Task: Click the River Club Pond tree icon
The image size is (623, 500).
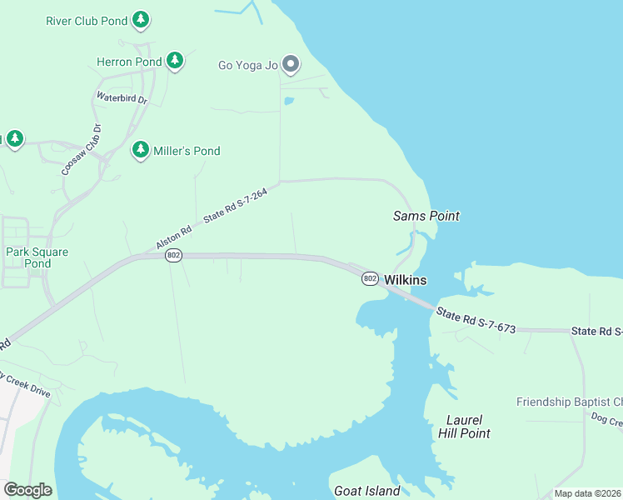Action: click(x=141, y=19)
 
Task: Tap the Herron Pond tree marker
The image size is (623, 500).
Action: click(x=174, y=61)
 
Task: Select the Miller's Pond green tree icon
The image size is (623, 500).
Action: click(x=141, y=150)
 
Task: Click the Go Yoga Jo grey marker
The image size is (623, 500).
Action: click(x=291, y=64)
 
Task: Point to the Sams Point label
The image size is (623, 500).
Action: click(x=426, y=217)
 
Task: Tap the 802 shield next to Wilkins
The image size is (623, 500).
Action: click(x=371, y=278)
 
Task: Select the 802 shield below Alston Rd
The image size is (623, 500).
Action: click(x=173, y=255)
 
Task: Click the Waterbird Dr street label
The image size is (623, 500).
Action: click(x=122, y=97)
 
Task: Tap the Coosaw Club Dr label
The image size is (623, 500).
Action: click(x=81, y=149)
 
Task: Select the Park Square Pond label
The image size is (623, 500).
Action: click(x=37, y=257)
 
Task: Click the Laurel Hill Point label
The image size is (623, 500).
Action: click(x=464, y=427)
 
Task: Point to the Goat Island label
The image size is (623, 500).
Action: click(x=366, y=491)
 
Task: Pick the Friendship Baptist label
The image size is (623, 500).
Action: click(x=569, y=402)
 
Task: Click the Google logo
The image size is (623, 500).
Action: click(x=27, y=490)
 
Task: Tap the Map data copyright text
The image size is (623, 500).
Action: click(x=587, y=493)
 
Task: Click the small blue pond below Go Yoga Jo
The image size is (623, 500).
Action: click(x=288, y=102)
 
